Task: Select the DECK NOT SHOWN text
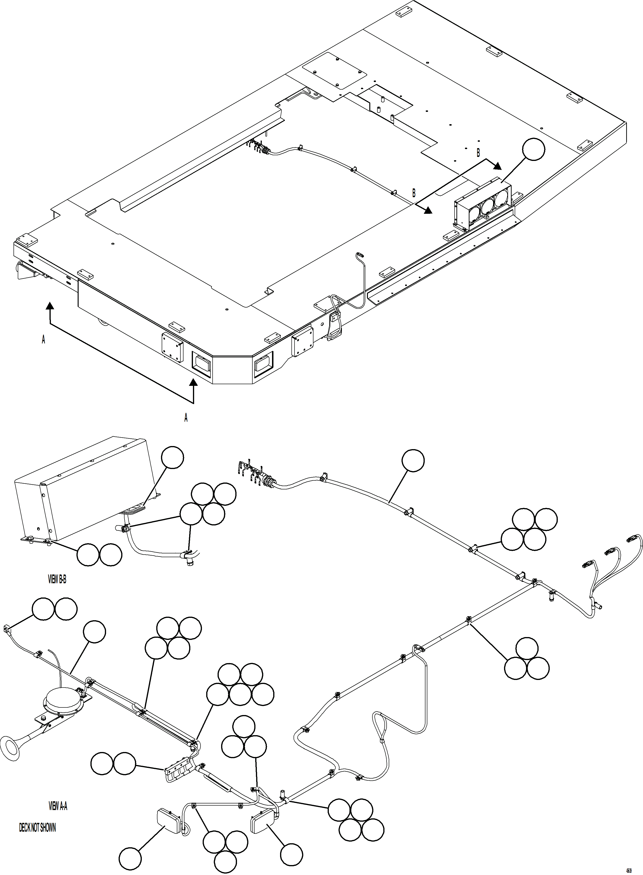(37, 827)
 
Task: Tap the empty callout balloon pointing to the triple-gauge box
(533, 149)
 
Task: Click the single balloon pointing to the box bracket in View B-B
(172, 457)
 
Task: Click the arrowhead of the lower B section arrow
(428, 210)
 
